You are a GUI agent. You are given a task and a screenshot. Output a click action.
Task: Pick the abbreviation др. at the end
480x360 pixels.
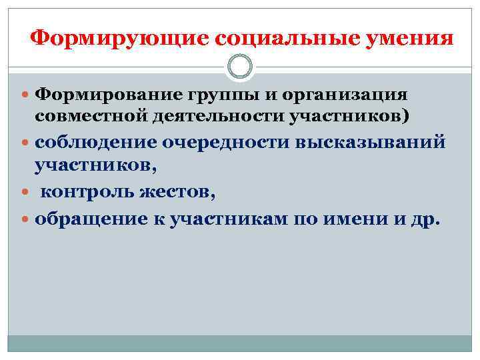424,218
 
